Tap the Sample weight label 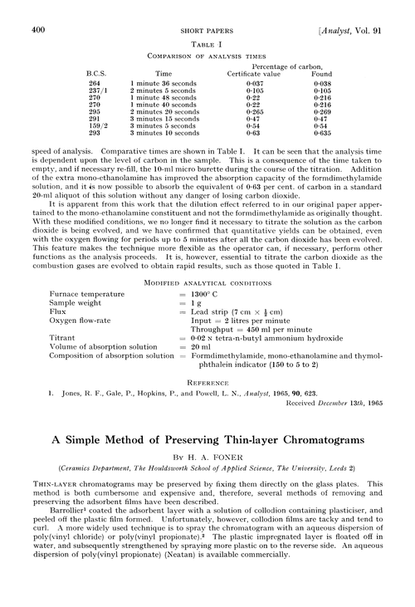click(x=78, y=304)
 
